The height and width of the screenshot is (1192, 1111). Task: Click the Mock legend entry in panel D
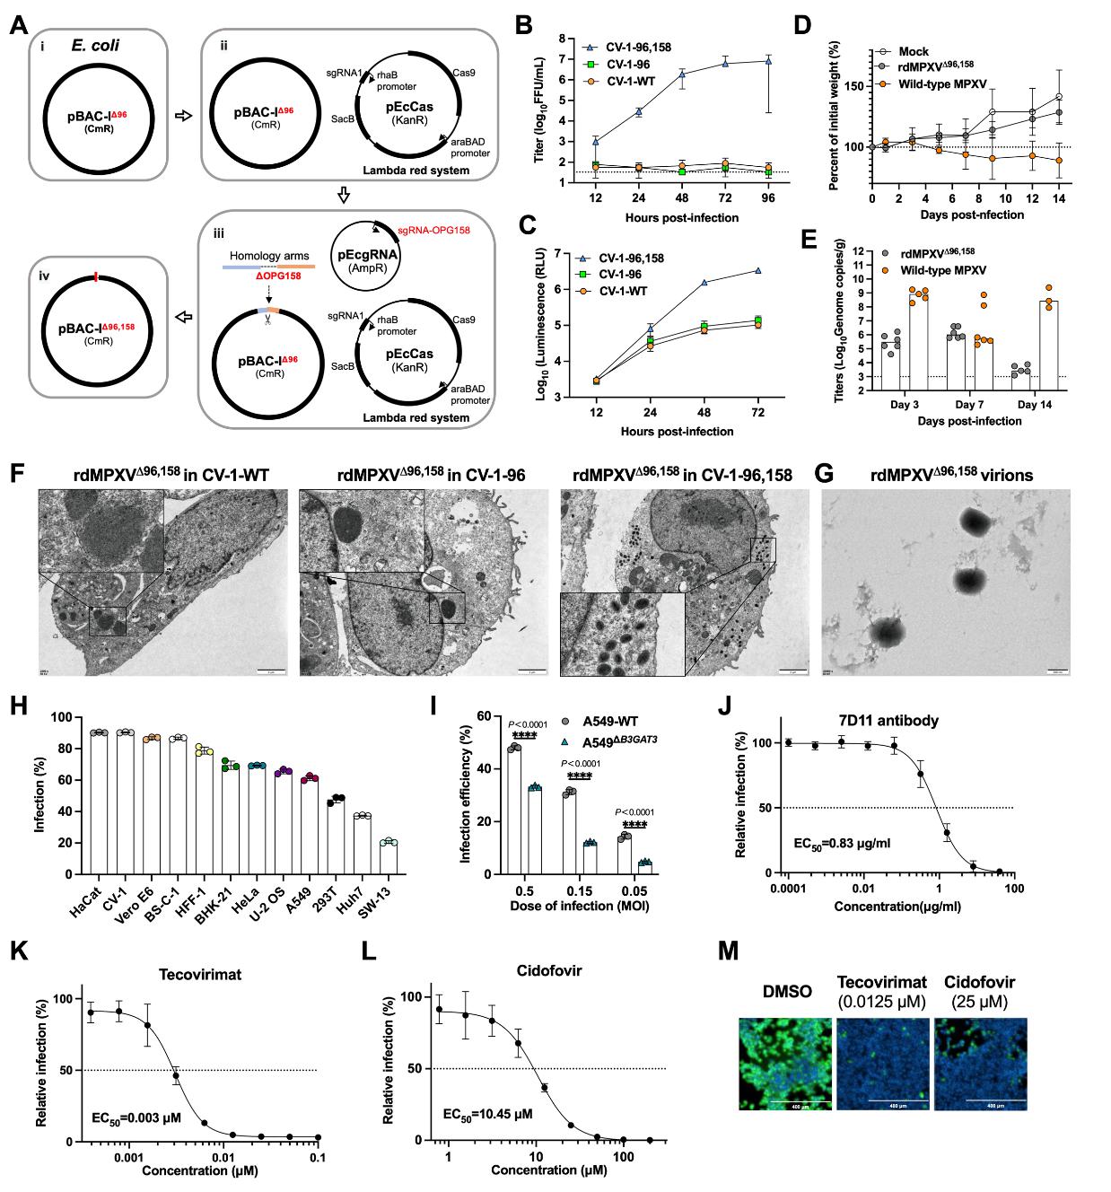pyautogui.click(x=914, y=51)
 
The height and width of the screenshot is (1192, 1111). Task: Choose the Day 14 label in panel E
pyautogui.click(x=1035, y=405)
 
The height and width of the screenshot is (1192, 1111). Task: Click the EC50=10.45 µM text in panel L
pyautogui.click(x=487, y=1114)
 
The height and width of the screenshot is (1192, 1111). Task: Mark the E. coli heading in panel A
pyautogui.click(x=95, y=45)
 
